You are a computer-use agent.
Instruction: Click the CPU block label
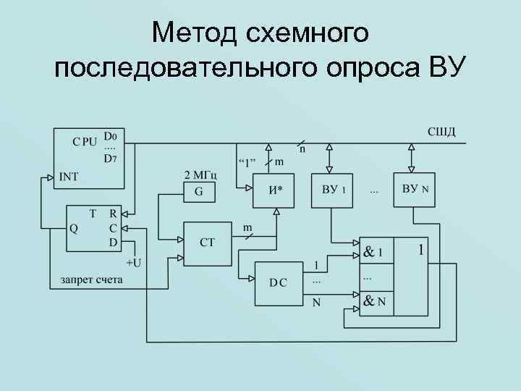coord(85,142)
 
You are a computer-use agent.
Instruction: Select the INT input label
coord(69,176)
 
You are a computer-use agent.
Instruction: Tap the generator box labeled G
coord(198,192)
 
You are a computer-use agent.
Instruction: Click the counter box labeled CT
coord(207,242)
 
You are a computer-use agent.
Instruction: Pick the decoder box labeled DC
coord(278,282)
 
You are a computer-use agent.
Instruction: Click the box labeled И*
coord(275,190)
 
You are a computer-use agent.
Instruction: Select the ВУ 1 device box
coord(332,190)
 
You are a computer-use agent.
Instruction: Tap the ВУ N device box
coord(415,190)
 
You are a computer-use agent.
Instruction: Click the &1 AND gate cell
coord(375,253)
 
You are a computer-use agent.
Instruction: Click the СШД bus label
coord(441,131)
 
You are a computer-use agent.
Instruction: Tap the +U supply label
coord(133,261)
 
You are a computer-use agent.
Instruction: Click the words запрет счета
coord(91,279)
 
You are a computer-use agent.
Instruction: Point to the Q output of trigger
coord(73,227)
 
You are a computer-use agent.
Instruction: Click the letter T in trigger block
coord(93,214)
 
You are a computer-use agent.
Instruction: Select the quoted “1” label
coord(247,161)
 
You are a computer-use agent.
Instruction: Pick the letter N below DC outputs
coord(316,303)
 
